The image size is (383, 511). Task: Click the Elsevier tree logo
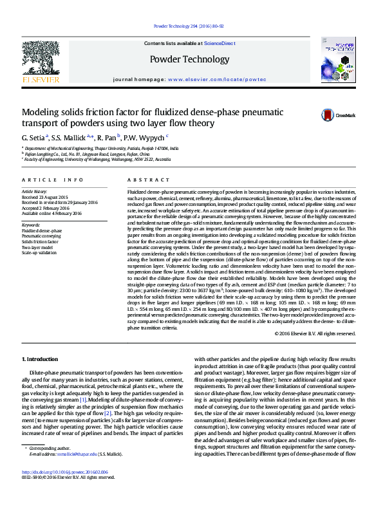point(41,61)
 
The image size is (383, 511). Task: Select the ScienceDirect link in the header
point(220,43)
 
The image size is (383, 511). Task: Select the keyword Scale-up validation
point(40,253)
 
